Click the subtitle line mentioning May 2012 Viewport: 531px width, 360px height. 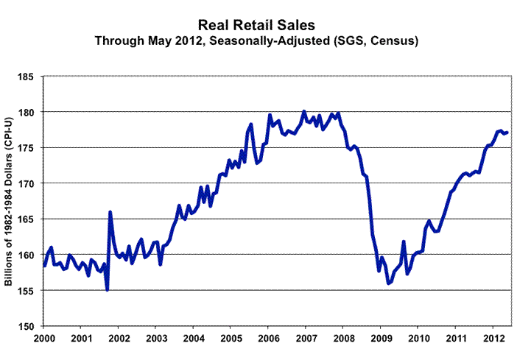pos(266,41)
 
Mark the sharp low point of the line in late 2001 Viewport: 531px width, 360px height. pos(107,290)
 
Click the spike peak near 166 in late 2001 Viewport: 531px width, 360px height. pos(110,212)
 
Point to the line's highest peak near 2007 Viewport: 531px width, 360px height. pos(303,111)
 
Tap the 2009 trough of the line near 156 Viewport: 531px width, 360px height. pos(388,283)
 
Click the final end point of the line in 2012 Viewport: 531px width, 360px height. pos(507,132)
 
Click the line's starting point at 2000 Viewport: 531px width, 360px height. pos(44,266)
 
